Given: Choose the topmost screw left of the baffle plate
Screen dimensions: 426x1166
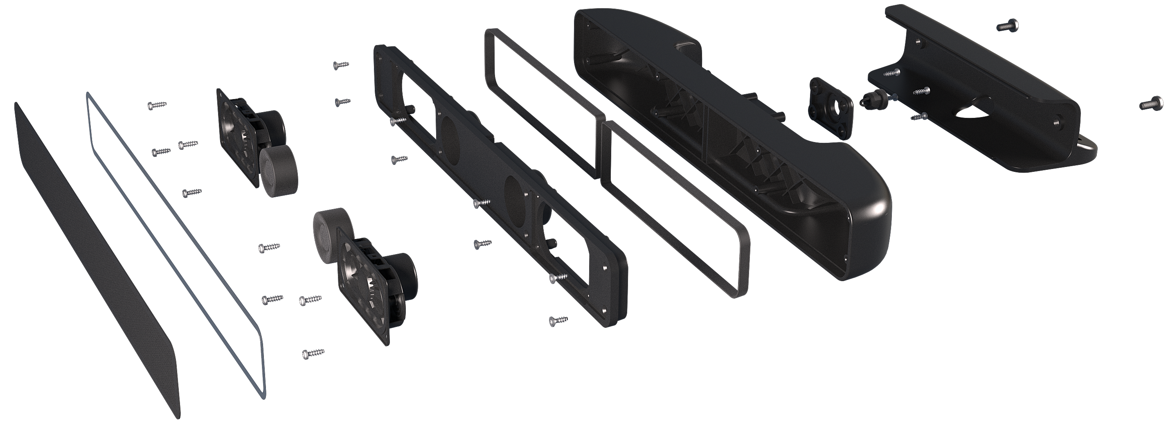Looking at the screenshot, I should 341,65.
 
